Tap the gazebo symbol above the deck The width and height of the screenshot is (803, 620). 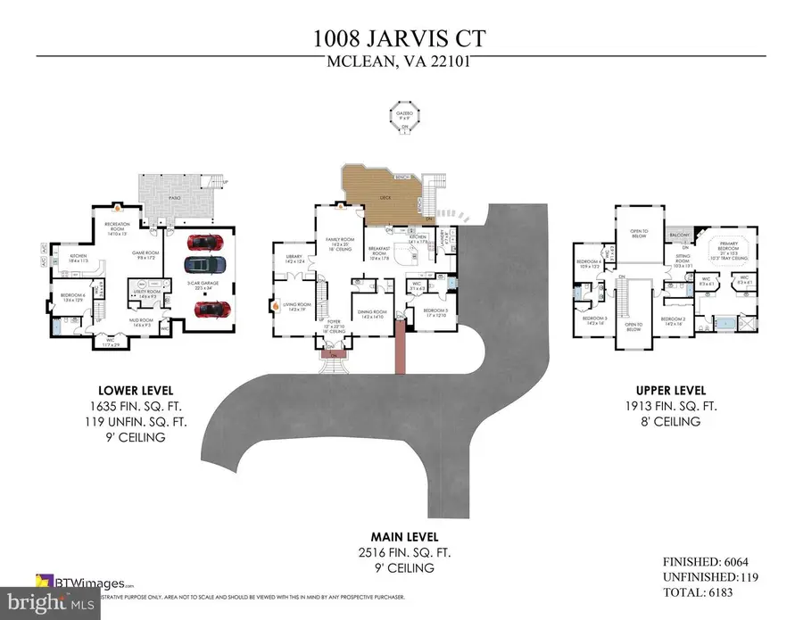(405, 117)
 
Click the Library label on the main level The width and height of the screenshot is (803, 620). (292, 259)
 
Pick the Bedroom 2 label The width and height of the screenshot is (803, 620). (673, 318)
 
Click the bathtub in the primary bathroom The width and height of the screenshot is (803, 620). (727, 322)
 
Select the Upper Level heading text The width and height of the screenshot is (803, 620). (671, 391)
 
